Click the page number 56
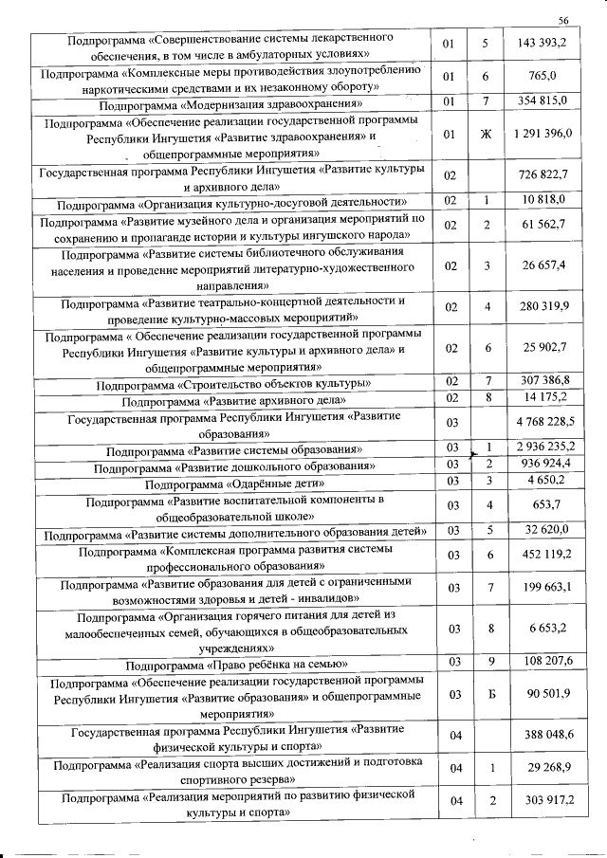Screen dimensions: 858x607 point(562,20)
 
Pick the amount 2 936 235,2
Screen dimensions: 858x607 point(543,446)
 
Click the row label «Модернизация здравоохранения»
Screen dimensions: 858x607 point(232,101)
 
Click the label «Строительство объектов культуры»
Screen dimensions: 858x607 point(232,382)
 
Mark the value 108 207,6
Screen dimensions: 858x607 point(543,660)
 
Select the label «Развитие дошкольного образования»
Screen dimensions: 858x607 point(232,465)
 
